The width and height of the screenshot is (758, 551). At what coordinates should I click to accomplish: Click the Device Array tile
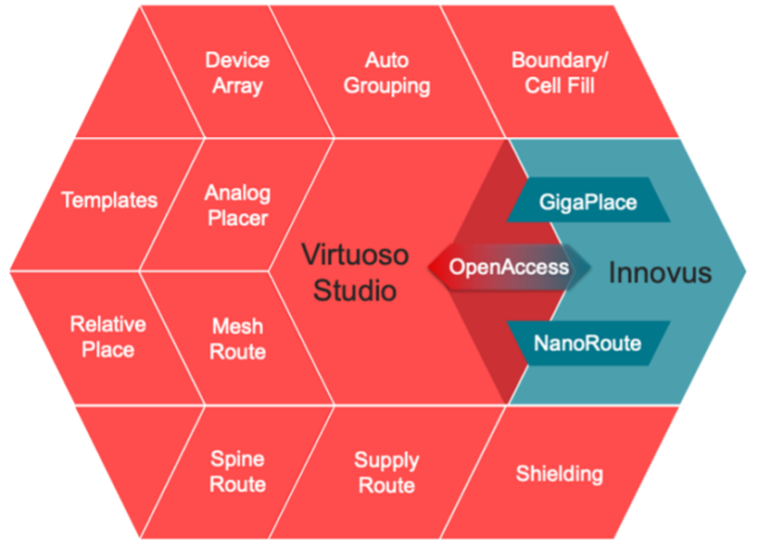click(237, 72)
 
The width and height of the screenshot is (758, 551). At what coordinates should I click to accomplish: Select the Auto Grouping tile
click(385, 72)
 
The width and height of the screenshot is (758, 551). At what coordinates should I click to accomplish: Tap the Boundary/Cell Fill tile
click(559, 72)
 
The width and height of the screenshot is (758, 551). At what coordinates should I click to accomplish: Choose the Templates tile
click(108, 200)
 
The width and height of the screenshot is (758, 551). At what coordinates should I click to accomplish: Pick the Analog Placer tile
click(237, 205)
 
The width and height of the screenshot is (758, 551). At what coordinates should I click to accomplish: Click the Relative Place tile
click(107, 337)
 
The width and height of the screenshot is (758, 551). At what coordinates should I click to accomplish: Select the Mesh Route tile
click(237, 338)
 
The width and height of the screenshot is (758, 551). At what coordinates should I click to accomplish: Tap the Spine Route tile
click(237, 471)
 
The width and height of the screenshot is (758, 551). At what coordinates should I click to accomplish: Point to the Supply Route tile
click(385, 471)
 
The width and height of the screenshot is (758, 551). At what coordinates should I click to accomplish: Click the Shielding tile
click(559, 474)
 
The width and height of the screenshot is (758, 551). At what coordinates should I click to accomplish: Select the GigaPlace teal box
click(587, 201)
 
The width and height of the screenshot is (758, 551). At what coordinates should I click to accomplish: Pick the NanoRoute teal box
click(587, 343)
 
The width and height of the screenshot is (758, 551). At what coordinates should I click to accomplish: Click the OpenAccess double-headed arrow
click(508, 268)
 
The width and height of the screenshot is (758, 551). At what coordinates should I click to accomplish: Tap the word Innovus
click(660, 273)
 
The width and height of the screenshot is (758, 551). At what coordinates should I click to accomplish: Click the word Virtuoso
click(355, 254)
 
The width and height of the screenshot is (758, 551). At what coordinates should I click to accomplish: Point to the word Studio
click(355, 291)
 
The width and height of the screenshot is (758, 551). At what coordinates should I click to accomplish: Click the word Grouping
click(385, 86)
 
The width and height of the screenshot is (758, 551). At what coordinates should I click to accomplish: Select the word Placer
click(237, 219)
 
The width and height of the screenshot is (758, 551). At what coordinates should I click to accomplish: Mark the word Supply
click(385, 459)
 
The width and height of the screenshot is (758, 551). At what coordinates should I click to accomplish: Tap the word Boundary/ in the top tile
click(559, 60)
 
